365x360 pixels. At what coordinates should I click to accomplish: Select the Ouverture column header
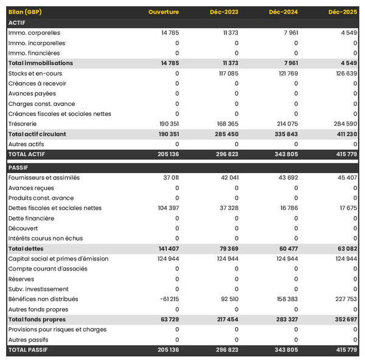(164, 12)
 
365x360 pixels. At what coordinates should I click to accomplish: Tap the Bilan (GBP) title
(26, 12)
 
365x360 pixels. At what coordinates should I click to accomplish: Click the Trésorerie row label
(24, 124)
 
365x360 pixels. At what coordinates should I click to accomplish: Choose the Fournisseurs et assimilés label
(44, 178)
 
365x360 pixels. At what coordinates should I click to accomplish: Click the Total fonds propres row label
(37, 319)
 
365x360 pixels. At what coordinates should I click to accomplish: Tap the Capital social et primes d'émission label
(58, 259)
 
